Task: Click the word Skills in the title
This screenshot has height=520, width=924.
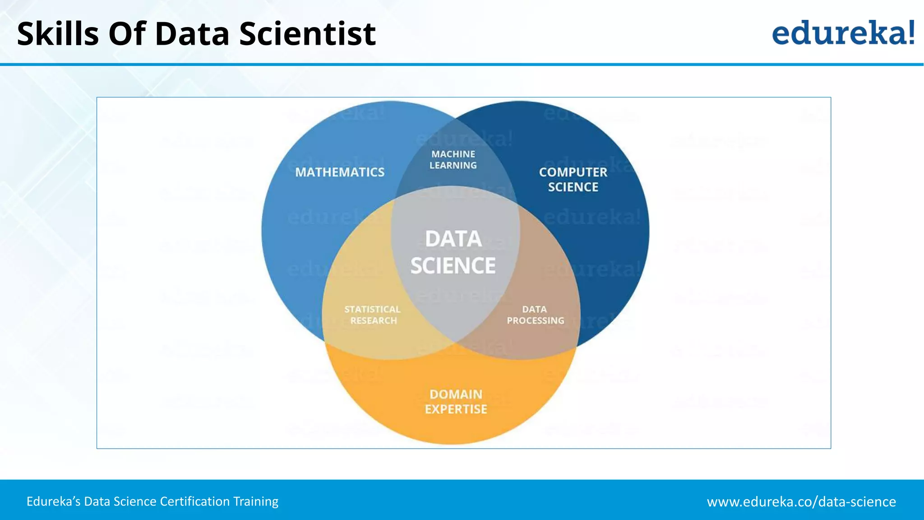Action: coord(58,34)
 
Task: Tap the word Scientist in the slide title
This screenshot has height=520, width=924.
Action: coord(307,34)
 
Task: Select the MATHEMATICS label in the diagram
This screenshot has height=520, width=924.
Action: coord(340,172)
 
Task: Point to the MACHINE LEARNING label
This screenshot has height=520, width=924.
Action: coord(453,160)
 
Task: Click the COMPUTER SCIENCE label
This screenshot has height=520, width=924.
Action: coord(573,179)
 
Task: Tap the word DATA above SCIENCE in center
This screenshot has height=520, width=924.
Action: coord(453,239)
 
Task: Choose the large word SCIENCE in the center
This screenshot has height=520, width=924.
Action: coord(453,265)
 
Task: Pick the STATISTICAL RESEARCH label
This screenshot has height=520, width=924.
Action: coord(373,315)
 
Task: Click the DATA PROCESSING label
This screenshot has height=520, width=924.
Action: coord(535,315)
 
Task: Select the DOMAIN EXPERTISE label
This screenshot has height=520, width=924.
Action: coord(456,401)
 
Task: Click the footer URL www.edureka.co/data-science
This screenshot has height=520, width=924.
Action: coord(801,501)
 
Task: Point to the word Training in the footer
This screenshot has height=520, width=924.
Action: coord(256,501)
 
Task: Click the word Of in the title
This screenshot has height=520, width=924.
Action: coord(126,34)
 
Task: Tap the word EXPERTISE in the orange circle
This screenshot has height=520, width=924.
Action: coord(456,409)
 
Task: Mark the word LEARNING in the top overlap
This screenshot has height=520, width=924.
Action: coord(453,166)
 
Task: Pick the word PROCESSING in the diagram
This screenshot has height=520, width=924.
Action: coord(536,320)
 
